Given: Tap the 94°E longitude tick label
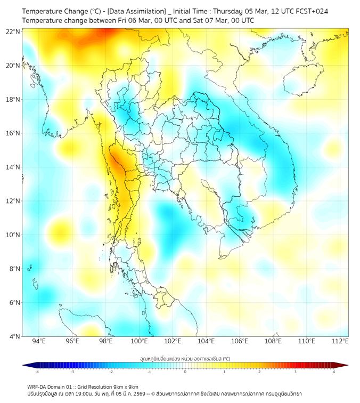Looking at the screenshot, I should point(39,342).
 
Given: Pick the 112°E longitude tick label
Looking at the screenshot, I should point(340,342).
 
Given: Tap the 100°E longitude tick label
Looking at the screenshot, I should point(139,342).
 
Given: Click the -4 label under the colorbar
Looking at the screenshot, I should point(36,371).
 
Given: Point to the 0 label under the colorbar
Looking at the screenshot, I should point(185,371).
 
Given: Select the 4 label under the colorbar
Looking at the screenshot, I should point(334,371).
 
